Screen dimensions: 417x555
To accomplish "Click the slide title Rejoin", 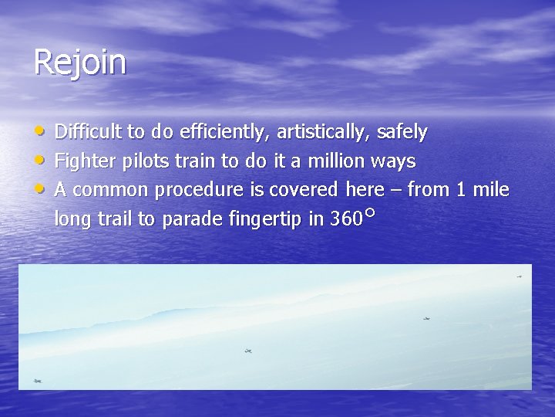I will point(79,63).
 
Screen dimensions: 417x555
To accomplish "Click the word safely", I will point(402,133).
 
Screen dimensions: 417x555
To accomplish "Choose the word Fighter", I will point(82,161).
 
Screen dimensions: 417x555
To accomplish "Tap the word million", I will point(336,161).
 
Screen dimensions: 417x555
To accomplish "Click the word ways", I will point(393,162).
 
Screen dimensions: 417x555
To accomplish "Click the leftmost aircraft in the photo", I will point(38,381).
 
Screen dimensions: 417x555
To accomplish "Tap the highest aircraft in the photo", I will point(520,276).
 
